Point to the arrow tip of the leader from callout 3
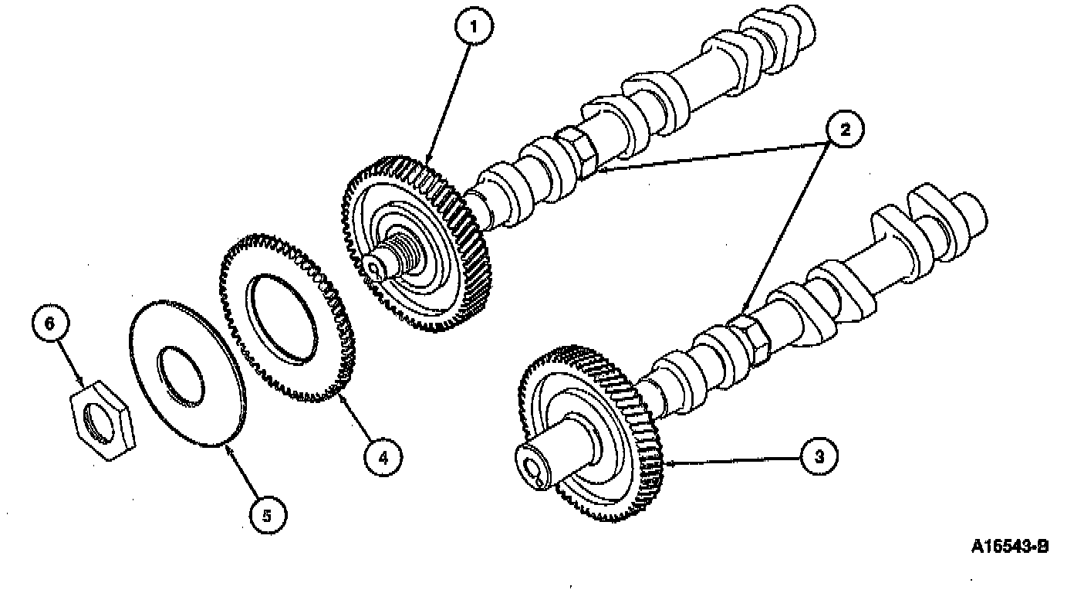pos(664,463)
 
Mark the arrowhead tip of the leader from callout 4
pos(339,393)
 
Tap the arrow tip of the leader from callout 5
pos(225,446)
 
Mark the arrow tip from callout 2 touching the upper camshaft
pos(596,169)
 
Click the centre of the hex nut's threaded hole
pos(100,422)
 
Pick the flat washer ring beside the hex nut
pos(188,373)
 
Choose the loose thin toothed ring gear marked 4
pos(287,317)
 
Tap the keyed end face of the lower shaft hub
pos(534,467)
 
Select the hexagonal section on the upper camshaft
pos(577,153)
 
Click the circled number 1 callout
pos(475,27)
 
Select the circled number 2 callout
pos(845,130)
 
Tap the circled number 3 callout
pos(819,456)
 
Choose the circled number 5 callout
pos(268,516)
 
